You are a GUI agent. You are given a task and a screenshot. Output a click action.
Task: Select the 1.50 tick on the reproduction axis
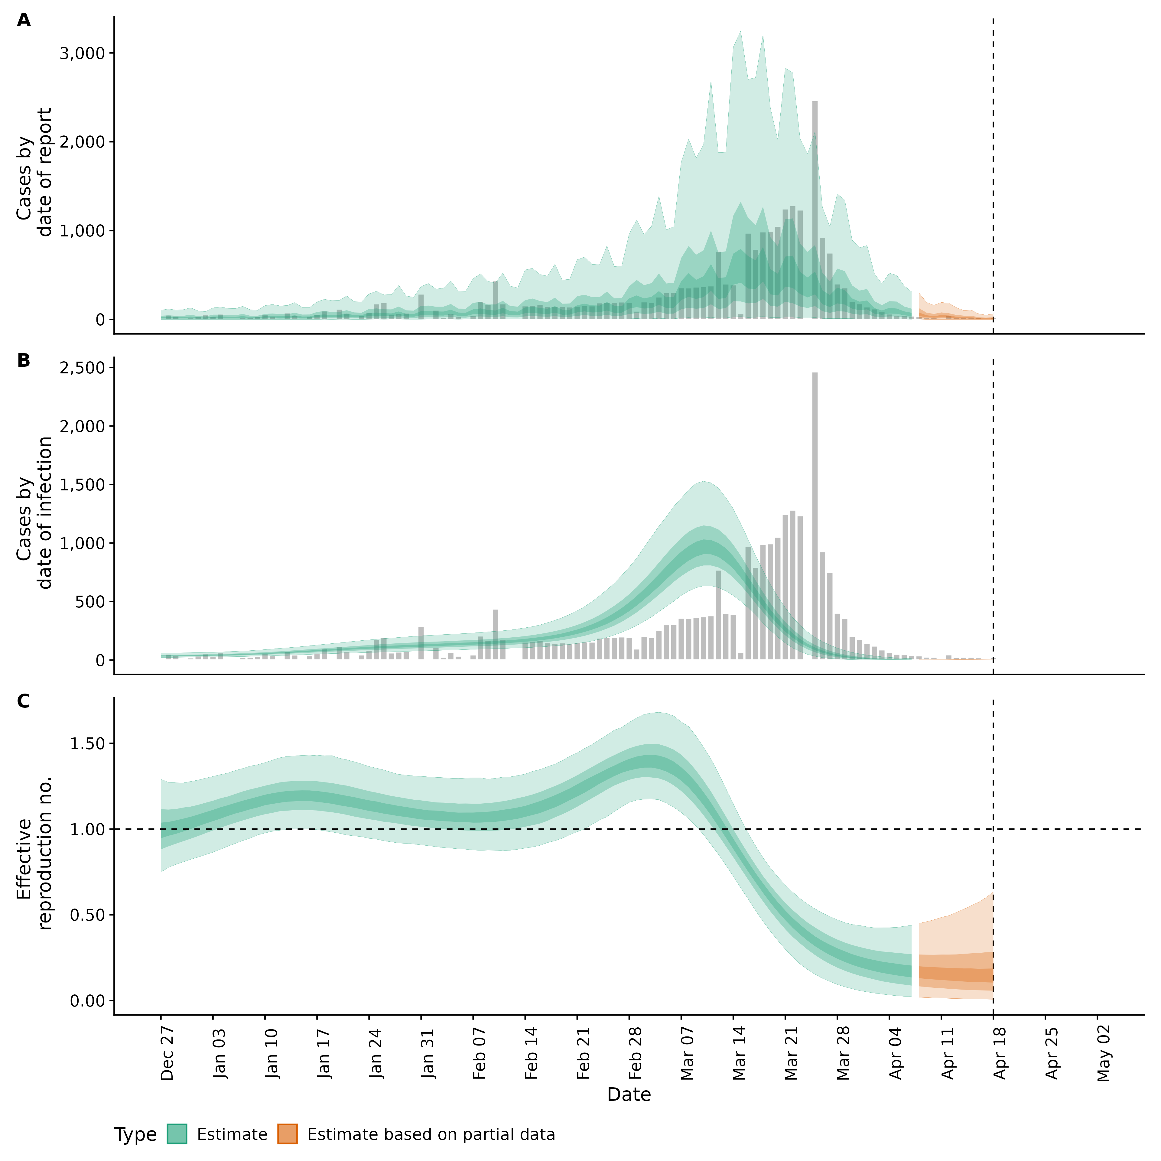click(x=88, y=743)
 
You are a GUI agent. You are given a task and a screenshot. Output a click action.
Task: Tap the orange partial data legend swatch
click(x=287, y=1134)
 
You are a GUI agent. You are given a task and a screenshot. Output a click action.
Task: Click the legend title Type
click(x=135, y=1135)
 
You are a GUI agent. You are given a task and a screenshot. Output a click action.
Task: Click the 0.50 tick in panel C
click(x=88, y=915)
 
